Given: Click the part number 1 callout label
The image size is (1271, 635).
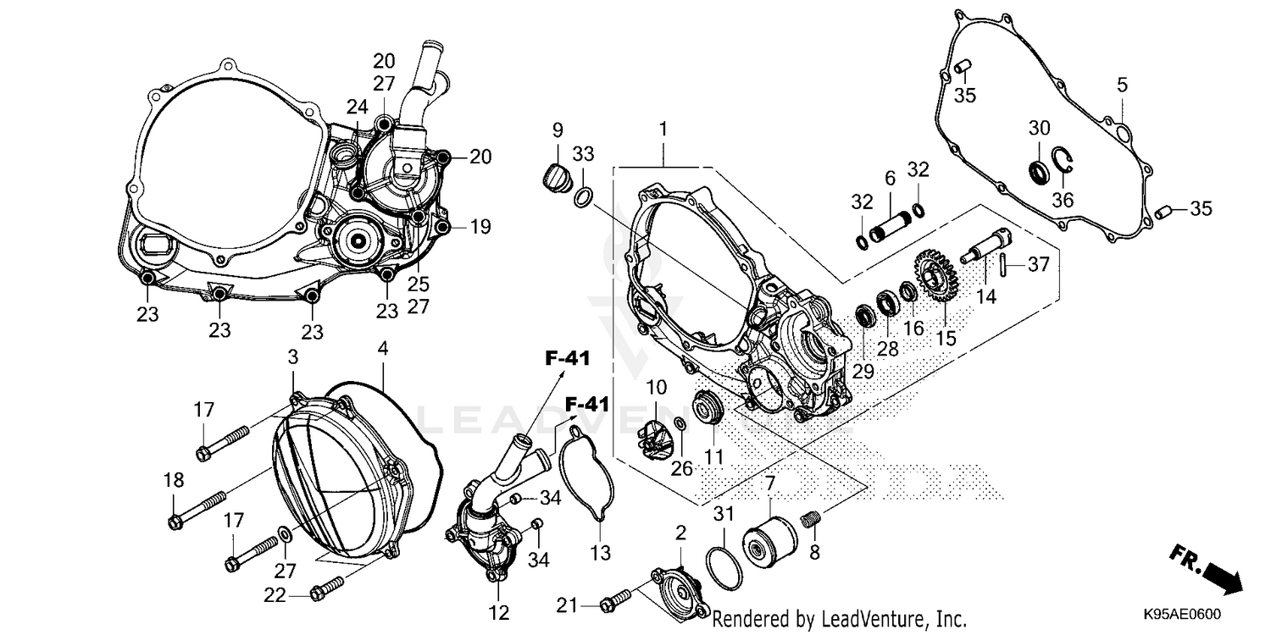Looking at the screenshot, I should (663, 130).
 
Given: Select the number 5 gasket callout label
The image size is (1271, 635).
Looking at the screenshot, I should (1122, 85).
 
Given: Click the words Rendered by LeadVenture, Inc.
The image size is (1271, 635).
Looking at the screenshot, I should (839, 619).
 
